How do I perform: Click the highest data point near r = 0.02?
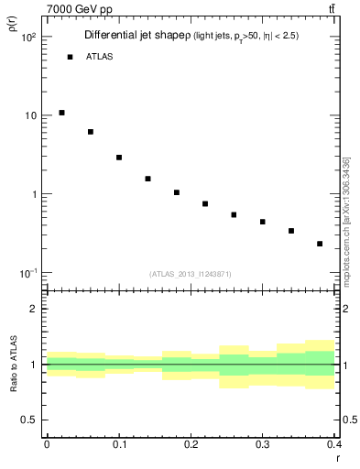pyautogui.click(x=61, y=113)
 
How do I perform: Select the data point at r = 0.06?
pyautogui.click(x=91, y=132)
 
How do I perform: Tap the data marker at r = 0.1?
pyautogui.click(x=119, y=158)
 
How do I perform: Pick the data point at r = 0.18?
pyautogui.click(x=177, y=192)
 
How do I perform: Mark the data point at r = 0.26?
pyautogui.click(x=234, y=214)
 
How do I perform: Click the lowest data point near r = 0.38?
pyautogui.click(x=320, y=244)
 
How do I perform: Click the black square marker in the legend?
pyautogui.click(x=70, y=57)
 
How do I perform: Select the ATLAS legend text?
pyautogui.click(x=99, y=57)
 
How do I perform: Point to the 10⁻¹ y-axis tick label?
pyautogui.click(x=27, y=274)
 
